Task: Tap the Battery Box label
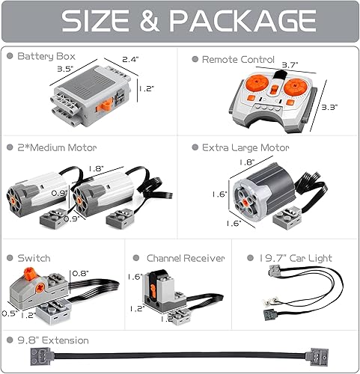(x=46, y=57)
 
